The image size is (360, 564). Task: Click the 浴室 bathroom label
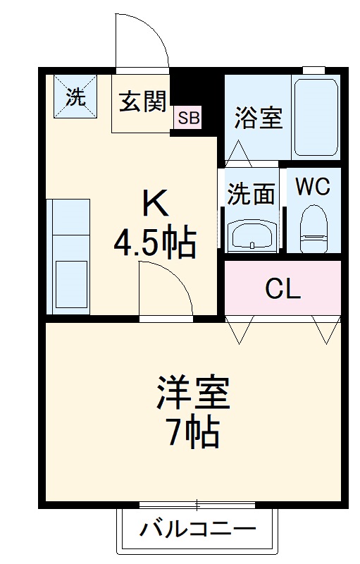coord(259,118)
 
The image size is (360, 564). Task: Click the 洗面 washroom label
coord(250,193)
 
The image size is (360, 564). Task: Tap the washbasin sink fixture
coord(251,233)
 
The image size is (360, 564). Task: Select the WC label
coord(312,187)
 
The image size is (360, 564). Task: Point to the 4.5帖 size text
coord(155,243)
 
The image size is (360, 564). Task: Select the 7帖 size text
coord(193,433)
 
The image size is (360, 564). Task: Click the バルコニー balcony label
coord(197,529)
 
